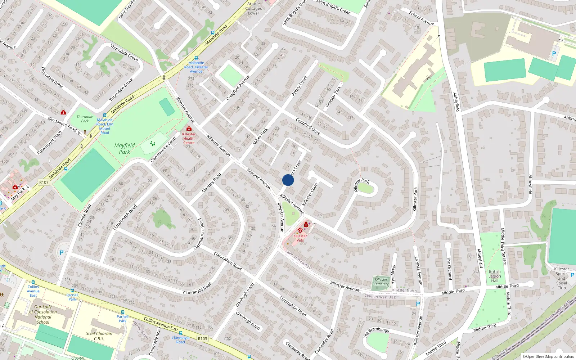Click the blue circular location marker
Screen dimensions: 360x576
pyautogui.click(x=288, y=180)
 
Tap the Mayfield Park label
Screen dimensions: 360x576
pyautogui.click(x=125, y=149)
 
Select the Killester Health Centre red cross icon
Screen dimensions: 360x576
pyautogui.click(x=189, y=129)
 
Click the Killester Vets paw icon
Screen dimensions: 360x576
pyautogui.click(x=300, y=230)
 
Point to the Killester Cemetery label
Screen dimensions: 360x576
pyautogui.click(x=381, y=282)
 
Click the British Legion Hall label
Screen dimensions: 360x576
pyautogui.click(x=495, y=276)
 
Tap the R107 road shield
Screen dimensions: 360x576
pyautogui.click(x=44, y=183)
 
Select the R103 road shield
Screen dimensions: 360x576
pyautogui.click(x=203, y=339)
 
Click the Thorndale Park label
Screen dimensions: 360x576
pyautogui.click(x=85, y=119)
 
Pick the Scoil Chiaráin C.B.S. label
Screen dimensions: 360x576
pyautogui.click(x=99, y=336)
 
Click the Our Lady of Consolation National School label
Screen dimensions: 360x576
pyautogui.click(x=43, y=314)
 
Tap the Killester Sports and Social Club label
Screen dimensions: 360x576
pyautogui.click(x=562, y=278)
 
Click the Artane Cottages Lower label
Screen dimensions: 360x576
pyautogui.click(x=253, y=9)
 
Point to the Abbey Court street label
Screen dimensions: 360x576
pyautogui.click(x=300, y=86)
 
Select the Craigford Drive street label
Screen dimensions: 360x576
pyautogui.click(x=308, y=126)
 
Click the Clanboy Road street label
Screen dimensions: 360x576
pyautogui.click(x=211, y=183)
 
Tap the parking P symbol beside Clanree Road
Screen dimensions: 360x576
pyautogui.click(x=62, y=253)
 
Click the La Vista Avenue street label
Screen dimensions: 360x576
pyautogui.click(x=418, y=271)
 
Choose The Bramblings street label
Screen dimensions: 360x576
pyautogui.click(x=376, y=332)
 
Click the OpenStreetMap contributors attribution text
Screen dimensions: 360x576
pyautogui.click(x=548, y=357)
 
